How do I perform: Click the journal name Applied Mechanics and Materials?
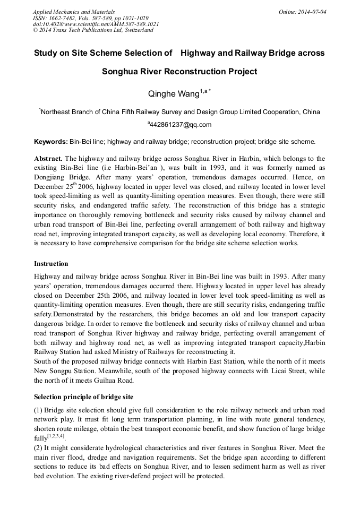73,12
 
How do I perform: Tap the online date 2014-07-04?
311,12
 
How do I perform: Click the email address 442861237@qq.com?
181,125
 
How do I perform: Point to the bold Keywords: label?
50,142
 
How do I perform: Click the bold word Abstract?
48,159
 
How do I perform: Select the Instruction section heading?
51,264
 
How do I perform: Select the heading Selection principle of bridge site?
83,397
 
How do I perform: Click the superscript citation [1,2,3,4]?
56,436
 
